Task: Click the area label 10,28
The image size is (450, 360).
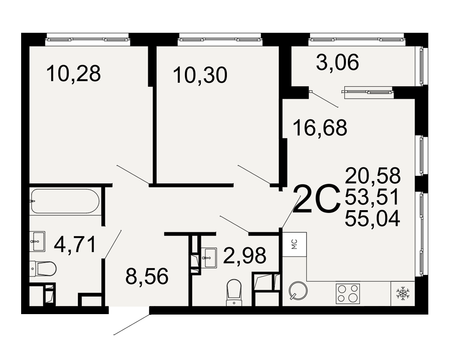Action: tap(73, 73)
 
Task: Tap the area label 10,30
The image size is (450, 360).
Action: tap(200, 75)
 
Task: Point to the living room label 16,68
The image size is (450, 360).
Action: tap(320, 128)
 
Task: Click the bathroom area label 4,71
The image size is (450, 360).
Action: tap(75, 245)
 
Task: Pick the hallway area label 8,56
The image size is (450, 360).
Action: tap(147, 276)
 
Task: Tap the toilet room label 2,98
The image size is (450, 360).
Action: tap(244, 256)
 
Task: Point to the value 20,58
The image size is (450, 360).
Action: tap(373, 175)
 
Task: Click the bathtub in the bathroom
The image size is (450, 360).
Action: tap(65, 201)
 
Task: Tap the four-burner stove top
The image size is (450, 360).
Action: tap(347, 293)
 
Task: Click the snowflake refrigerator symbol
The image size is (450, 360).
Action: tap(403, 293)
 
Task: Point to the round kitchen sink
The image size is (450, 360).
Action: tap(298, 290)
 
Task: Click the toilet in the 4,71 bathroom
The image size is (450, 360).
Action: tap(43, 269)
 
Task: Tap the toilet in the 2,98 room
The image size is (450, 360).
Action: tap(234, 293)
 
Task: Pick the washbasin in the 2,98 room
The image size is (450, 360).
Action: tap(210, 257)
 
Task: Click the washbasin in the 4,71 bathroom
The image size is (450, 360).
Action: tap(37, 242)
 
